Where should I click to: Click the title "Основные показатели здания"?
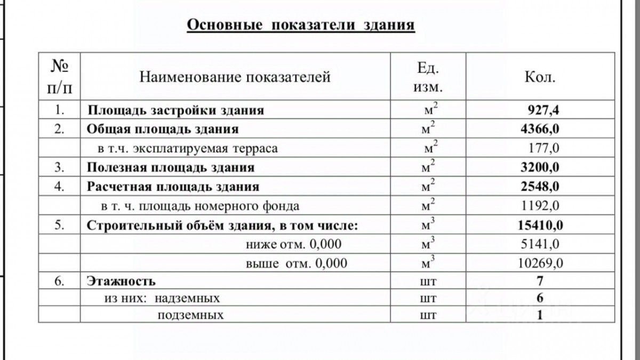[300, 26]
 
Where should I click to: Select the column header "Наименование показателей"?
[235, 77]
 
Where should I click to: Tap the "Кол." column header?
[540, 77]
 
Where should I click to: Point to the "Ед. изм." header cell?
[428, 76]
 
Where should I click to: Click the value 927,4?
[543, 111]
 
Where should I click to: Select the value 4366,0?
[540, 129]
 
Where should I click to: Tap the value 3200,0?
[540, 167]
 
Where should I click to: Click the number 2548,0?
[540, 187]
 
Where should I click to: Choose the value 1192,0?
[541, 206]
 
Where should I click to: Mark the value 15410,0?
[540, 226]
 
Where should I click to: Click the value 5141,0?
[541, 245]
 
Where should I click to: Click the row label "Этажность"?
[121, 281]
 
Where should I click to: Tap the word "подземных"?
[190, 315]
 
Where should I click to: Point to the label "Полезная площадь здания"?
[171, 167]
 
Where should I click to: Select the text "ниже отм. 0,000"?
[293, 245]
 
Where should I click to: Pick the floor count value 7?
[540, 281]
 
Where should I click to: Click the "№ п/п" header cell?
[59, 77]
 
